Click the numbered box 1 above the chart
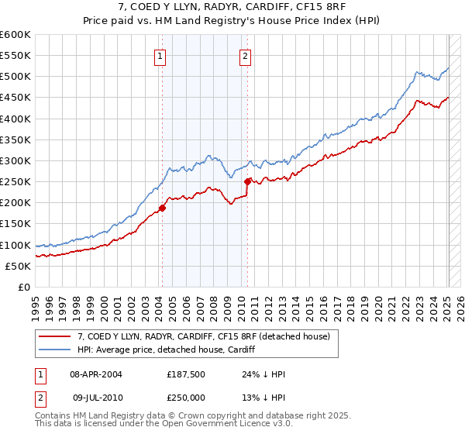pyautogui.click(x=160, y=55)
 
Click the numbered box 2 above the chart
pyautogui.click(x=245, y=55)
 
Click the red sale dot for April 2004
pyautogui.click(x=163, y=208)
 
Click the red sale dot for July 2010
pyautogui.click(x=248, y=182)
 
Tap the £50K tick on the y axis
pyautogui.click(x=19, y=266)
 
